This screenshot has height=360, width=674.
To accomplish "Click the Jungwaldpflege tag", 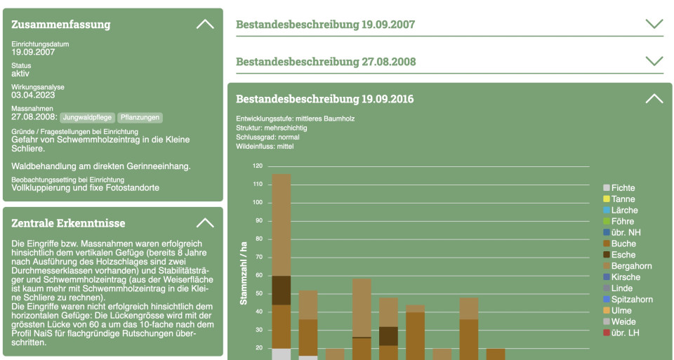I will click(x=87, y=117).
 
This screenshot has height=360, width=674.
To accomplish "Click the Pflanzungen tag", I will click(x=140, y=117).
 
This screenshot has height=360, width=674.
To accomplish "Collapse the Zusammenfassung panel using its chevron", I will click(x=205, y=24).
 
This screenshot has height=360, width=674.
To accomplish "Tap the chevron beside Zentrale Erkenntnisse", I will click(x=205, y=223).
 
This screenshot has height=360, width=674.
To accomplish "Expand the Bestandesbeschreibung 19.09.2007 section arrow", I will click(x=654, y=24).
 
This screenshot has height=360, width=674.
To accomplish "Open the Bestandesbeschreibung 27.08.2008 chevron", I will click(x=654, y=61).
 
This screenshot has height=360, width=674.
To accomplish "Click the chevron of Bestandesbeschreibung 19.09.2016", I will click(x=654, y=98).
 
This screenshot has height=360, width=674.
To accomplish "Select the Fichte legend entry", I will click(x=623, y=188).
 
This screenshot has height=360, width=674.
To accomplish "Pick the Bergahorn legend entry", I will click(x=631, y=266).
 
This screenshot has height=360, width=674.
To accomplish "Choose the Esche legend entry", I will click(x=623, y=255).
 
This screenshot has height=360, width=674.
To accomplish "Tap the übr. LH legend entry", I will click(x=625, y=333).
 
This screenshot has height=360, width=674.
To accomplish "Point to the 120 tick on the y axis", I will click(x=257, y=166).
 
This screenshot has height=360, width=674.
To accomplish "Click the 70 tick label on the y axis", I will click(x=258, y=257).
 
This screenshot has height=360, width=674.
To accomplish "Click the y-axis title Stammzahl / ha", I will click(x=244, y=272).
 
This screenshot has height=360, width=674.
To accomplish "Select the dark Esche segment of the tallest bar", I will click(x=282, y=290).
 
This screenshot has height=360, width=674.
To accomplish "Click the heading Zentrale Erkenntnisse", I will click(x=68, y=223).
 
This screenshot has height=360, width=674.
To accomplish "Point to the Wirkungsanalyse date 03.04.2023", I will click(x=33, y=95).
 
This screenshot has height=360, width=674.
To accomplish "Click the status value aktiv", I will click(x=20, y=74).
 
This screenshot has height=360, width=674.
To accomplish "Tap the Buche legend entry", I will click(x=623, y=244).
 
